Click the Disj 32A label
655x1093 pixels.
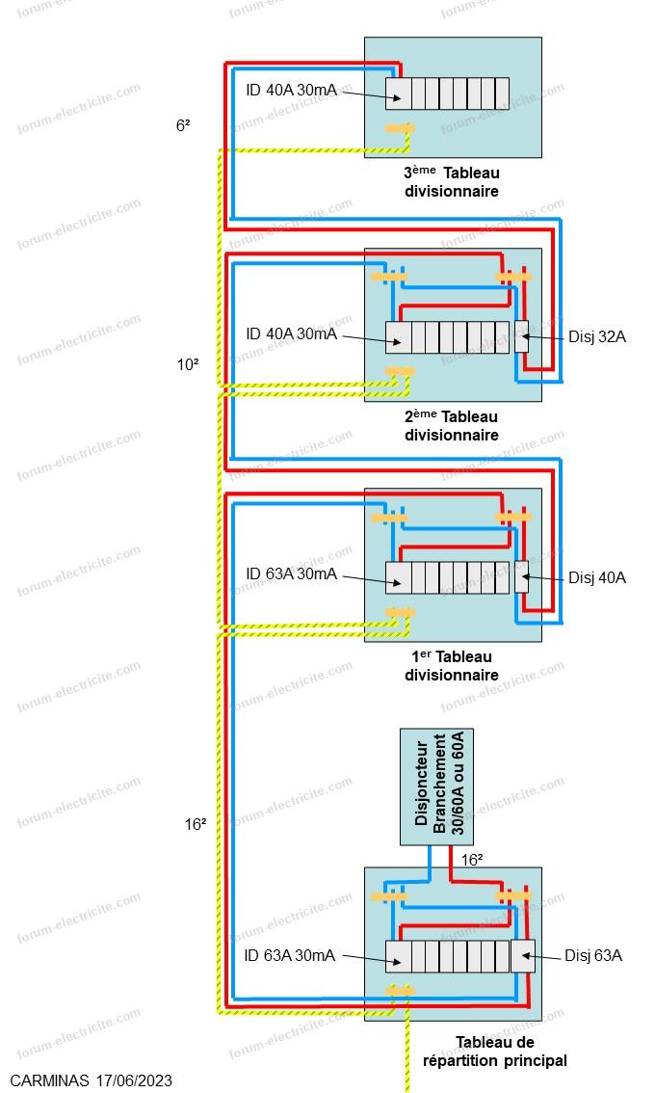point(597,336)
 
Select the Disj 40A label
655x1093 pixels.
point(597,577)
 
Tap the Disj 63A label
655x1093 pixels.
point(593,955)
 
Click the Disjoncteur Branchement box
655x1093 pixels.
point(437,786)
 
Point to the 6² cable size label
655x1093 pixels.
point(183,124)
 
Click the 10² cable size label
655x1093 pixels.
point(187,364)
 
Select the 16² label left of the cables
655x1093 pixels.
point(196,824)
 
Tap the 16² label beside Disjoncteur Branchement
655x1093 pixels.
point(472,860)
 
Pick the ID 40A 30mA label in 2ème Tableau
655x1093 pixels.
point(290,333)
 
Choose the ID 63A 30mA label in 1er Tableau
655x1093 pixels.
point(290,573)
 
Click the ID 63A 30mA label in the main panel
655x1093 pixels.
point(290,955)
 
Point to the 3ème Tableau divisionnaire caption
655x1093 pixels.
point(452,182)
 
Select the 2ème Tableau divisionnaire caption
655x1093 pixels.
point(452,425)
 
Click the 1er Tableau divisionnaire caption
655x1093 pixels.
point(452,665)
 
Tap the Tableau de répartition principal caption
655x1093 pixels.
point(494,1052)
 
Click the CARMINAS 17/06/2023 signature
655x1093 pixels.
point(92,1081)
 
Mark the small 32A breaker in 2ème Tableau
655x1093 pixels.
point(521,336)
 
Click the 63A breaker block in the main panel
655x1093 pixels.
point(522,955)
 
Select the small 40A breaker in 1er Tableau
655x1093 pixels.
point(521,576)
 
